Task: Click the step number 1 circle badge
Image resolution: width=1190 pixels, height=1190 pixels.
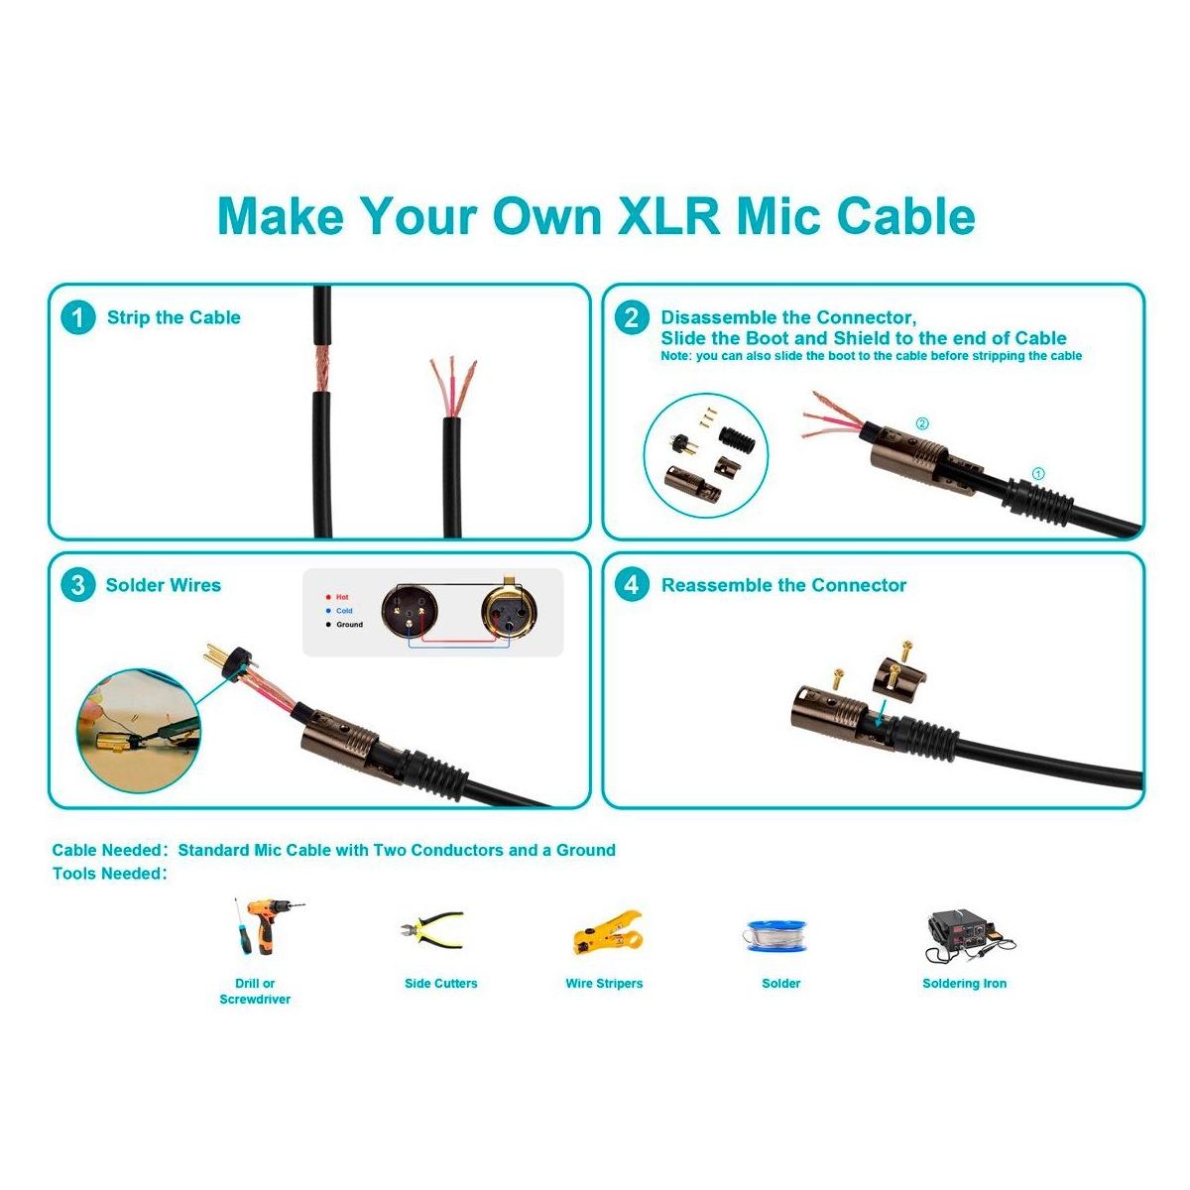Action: coord(77,317)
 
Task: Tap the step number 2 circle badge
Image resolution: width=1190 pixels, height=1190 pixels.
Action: coord(632,317)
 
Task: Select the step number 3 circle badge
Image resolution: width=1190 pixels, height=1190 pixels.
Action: coord(77,585)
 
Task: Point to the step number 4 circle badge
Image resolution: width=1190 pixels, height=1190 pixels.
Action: coord(632,585)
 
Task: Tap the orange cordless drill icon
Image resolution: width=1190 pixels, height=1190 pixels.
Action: coord(268,927)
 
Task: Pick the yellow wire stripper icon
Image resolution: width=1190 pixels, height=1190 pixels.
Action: coord(608,931)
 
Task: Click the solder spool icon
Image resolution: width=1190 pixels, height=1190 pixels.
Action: coord(776,935)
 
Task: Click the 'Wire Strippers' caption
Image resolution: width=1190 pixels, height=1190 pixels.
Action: coord(604,983)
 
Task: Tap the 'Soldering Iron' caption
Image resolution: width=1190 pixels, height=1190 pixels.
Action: coord(964,983)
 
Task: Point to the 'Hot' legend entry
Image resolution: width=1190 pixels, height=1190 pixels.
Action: coord(338,597)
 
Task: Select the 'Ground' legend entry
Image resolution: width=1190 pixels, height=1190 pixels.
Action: coord(344,625)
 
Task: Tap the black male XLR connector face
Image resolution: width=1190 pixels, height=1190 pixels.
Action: coord(410,610)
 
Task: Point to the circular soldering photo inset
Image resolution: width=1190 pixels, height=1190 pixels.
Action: coord(139,732)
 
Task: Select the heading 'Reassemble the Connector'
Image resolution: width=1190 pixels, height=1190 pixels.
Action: coord(783,585)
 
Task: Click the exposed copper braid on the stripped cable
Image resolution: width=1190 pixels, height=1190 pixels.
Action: coord(321,368)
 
